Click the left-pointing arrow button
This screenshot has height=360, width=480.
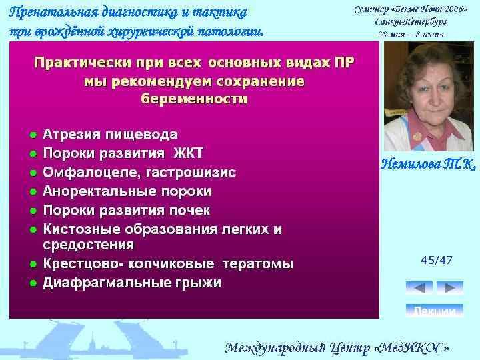pyautogui.click(x=419, y=288)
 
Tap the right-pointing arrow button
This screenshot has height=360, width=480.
pyautogui.click(x=449, y=288)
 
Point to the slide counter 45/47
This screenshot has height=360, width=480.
pyautogui.click(x=437, y=260)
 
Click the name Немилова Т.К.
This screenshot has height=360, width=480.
pyautogui.click(x=429, y=164)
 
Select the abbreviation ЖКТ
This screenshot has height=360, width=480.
pyautogui.click(x=188, y=153)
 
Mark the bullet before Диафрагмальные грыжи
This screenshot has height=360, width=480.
pyautogui.click(x=31, y=283)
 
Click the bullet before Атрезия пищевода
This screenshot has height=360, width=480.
pyautogui.click(x=31, y=134)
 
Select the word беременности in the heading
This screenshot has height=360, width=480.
pyautogui.click(x=194, y=99)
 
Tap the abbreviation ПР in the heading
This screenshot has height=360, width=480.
pyautogui.click(x=343, y=63)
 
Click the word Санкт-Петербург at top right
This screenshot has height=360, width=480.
pyautogui.click(x=409, y=21)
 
